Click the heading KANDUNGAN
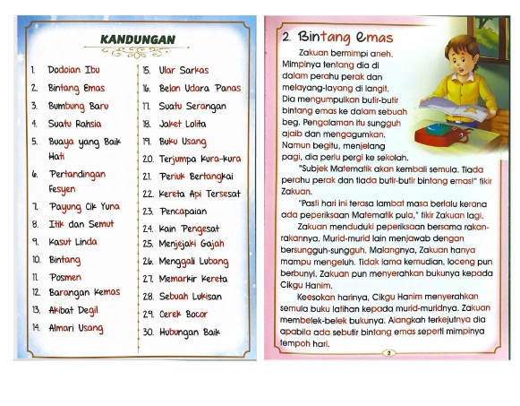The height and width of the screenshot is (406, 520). click(137, 40)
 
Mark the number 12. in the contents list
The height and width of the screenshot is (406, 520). click(34, 293)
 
